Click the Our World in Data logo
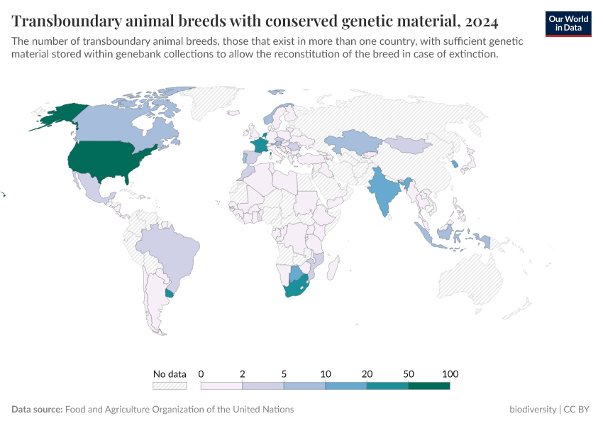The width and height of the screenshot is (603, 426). tap(568, 23)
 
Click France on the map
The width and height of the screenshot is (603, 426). tap(260, 144)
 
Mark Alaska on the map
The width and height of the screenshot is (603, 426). tap(60, 115)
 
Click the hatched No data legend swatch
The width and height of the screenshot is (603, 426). tap(170, 386)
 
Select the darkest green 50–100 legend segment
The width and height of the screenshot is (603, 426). tap(429, 386)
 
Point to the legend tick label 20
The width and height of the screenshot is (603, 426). tap(367, 374)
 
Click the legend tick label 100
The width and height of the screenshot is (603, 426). tap(450, 374)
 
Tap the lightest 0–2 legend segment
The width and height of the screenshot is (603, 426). tap(222, 386)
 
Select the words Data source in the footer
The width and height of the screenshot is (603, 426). tap(37, 410)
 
